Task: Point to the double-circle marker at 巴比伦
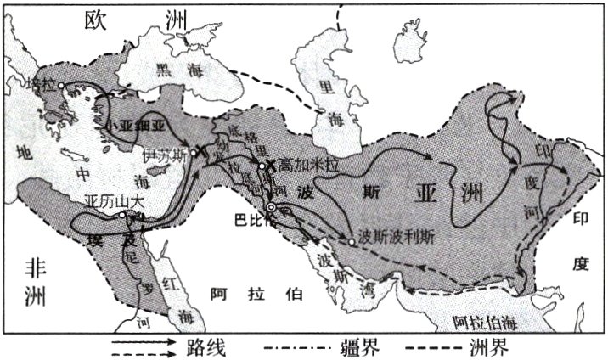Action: point(271,206)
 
